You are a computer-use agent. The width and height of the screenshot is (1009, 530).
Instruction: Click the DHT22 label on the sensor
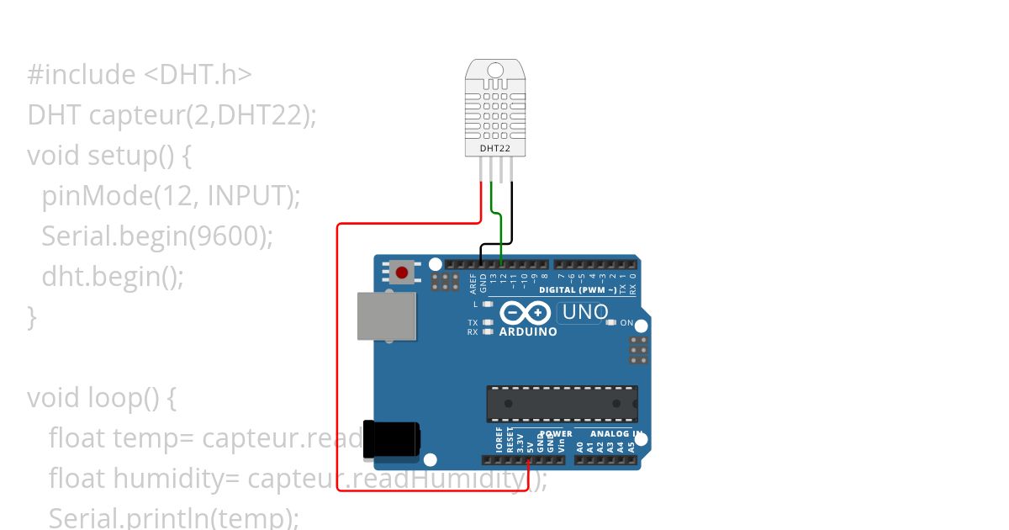pyautogui.click(x=494, y=149)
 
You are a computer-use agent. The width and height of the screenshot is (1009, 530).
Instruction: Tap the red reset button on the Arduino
pyautogui.click(x=402, y=273)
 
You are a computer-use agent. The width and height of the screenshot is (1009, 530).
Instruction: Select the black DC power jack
pyautogui.click(x=391, y=439)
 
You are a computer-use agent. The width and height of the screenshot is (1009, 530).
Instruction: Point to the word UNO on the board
pyautogui.click(x=584, y=312)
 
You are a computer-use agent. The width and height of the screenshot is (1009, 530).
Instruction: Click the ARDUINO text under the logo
pyautogui.click(x=528, y=331)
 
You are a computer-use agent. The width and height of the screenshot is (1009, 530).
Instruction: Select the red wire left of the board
pyautogui.click(x=337, y=353)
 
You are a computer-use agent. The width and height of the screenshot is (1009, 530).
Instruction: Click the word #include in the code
pyautogui.click(x=81, y=75)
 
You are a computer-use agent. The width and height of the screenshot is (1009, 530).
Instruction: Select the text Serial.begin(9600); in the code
pyautogui.click(x=157, y=236)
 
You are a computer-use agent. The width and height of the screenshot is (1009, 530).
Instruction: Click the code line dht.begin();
pyautogui.click(x=113, y=276)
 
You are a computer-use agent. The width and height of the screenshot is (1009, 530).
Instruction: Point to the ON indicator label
pyautogui.click(x=626, y=323)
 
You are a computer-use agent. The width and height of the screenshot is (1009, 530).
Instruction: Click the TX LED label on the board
pyautogui.click(x=473, y=323)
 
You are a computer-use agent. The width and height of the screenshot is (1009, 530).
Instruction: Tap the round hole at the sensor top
pyautogui.click(x=494, y=70)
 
